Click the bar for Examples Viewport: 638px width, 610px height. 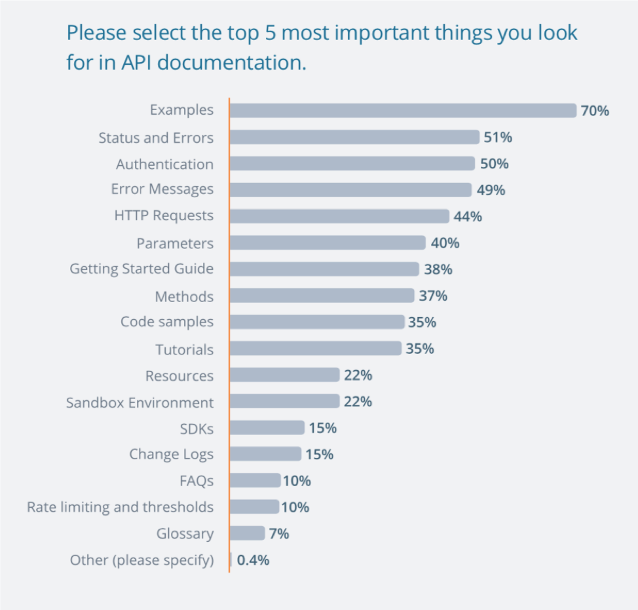[x=402, y=111]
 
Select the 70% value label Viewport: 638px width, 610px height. [x=595, y=111]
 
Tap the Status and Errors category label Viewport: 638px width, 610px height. [x=156, y=138]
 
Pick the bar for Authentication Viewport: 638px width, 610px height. [x=352, y=164]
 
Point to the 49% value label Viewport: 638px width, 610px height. [x=491, y=190]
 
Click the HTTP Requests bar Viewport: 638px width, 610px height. [x=339, y=216]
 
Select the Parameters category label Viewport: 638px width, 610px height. [x=175, y=243]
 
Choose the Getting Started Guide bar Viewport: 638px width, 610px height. [x=324, y=269]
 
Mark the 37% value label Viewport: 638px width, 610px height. [x=433, y=296]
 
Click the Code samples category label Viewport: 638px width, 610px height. [x=167, y=322]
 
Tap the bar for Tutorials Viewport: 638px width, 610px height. [x=315, y=349]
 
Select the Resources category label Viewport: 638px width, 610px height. [x=179, y=375]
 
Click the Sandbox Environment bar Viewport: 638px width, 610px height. [x=284, y=402]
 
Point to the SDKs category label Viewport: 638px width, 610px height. [x=197, y=429]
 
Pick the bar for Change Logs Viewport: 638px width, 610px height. [x=265, y=454]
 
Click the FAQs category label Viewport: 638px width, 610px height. [x=197, y=481]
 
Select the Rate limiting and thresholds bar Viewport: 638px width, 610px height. [x=254, y=507]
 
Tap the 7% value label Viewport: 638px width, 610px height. [x=279, y=534]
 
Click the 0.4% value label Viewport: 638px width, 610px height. [x=253, y=560]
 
